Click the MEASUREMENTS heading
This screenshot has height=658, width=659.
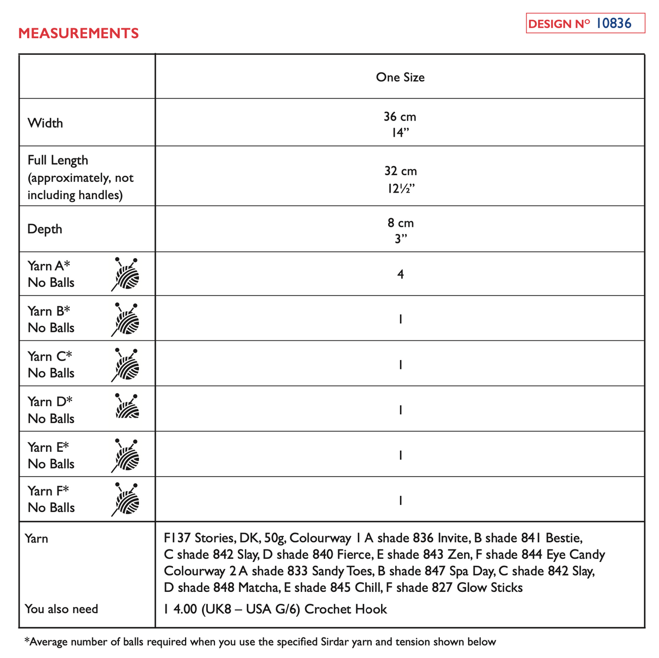tap(78, 33)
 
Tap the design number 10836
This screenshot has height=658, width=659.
tap(613, 23)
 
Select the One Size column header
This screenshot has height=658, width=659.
tap(400, 77)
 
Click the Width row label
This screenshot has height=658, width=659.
tap(45, 123)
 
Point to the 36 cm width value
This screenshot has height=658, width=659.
tap(400, 117)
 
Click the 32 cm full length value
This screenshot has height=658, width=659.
tap(401, 171)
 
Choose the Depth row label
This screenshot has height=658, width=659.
tap(45, 229)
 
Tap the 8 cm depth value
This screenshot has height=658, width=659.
tap(401, 223)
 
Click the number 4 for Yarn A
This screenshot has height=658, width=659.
tap(401, 274)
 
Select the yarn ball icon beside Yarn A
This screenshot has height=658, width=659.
tap(126, 274)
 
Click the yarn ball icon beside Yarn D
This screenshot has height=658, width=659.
tap(127, 406)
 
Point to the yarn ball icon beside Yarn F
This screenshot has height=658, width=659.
tap(126, 499)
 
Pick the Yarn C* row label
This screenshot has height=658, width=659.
tap(50, 356)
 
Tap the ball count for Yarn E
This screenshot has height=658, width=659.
tap(401, 455)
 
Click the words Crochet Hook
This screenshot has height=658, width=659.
tap(345, 609)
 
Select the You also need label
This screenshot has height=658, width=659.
tap(61, 609)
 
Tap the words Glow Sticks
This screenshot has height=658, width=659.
tap(490, 587)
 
